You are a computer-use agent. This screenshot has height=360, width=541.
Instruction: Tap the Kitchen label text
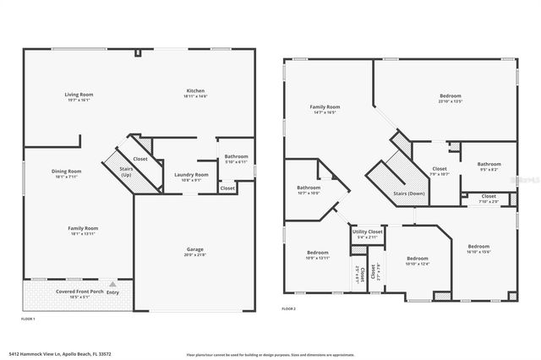195,90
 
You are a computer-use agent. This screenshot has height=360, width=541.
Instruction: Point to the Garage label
194,249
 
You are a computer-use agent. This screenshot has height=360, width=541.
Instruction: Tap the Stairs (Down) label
408,194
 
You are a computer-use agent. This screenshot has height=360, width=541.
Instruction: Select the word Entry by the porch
112,292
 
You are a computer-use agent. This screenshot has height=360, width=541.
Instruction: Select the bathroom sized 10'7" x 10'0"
308,190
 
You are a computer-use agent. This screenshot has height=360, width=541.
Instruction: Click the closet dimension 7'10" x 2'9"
489,201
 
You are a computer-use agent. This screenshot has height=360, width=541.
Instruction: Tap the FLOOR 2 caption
289,309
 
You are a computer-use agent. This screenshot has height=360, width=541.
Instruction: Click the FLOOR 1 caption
27,319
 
